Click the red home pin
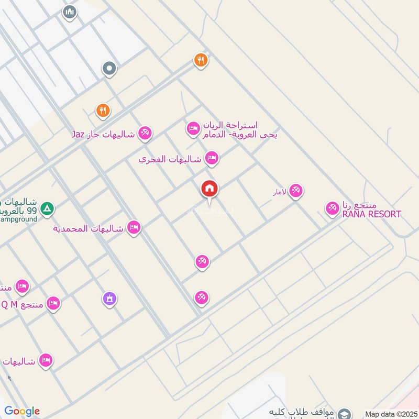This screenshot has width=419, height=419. tap(210, 189)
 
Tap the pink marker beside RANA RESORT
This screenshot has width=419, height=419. tap(332, 208)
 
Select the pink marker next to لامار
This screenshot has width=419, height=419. tap(295, 191)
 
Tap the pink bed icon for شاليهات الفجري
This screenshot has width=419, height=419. tap(212, 158)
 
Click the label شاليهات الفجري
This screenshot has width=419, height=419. tap(170, 159)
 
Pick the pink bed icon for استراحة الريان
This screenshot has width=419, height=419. tap(193, 128)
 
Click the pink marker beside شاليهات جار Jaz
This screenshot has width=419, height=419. tap(145, 134)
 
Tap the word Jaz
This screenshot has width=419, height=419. tap(78, 135)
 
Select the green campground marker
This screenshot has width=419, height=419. tap(48, 208)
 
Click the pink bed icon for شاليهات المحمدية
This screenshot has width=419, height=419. tap(134, 228)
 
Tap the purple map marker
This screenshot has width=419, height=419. tap(109, 299)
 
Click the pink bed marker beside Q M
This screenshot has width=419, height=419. tap(53, 303)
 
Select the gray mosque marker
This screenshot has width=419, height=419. tap(69, 12)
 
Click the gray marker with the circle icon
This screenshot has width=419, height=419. tap(109, 68)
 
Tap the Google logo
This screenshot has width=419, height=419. tap(22, 411)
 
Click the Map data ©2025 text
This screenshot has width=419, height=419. tap(390, 414)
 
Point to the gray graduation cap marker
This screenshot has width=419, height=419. tap(344, 413)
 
